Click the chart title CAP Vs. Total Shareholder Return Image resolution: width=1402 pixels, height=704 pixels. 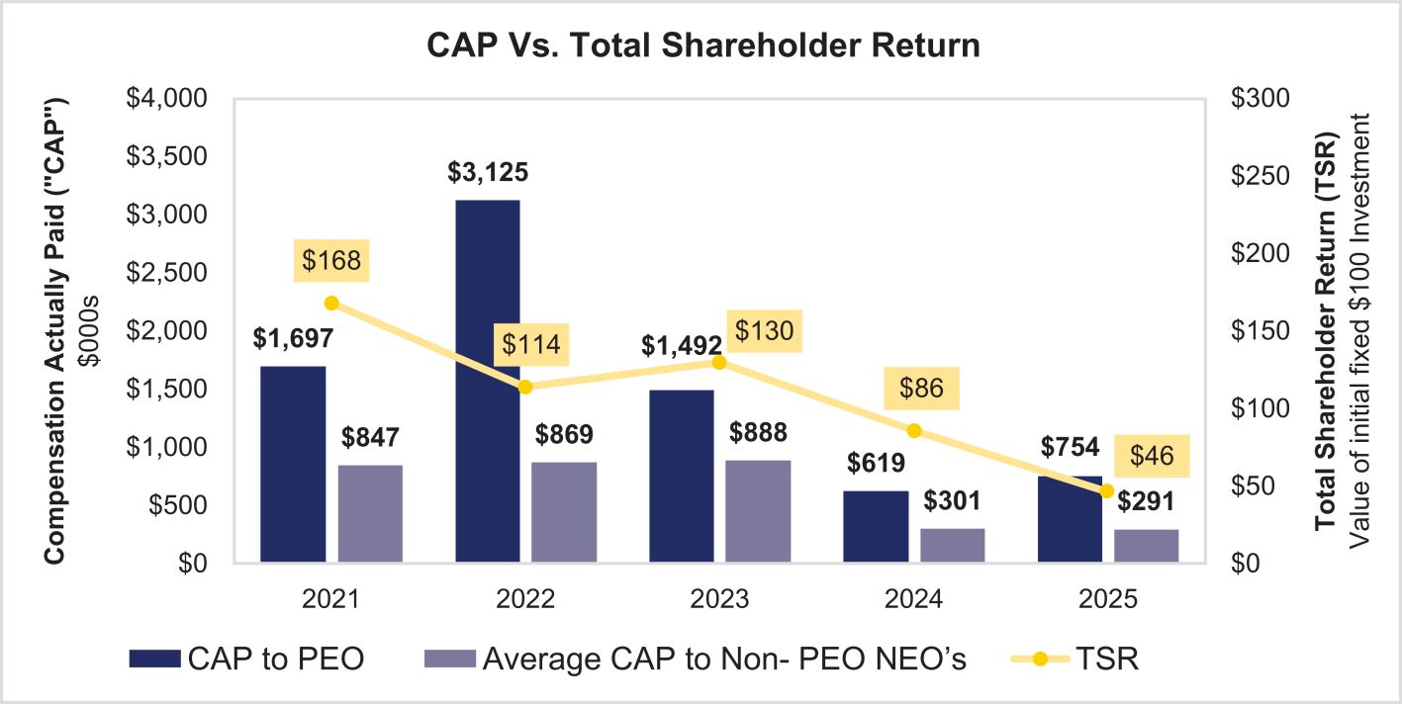(x=702, y=45)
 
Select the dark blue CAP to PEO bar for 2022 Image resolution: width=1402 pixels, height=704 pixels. (x=487, y=381)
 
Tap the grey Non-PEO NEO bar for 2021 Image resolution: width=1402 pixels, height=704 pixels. (x=370, y=513)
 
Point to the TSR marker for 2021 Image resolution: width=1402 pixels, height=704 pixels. (x=332, y=304)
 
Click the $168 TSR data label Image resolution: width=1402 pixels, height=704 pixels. (x=331, y=261)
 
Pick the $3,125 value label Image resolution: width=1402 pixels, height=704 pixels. (x=487, y=173)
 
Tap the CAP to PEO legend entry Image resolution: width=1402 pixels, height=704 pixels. (x=247, y=660)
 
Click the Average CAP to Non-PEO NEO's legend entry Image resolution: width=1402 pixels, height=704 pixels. (x=694, y=660)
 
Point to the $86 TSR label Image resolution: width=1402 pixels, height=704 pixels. (x=915, y=388)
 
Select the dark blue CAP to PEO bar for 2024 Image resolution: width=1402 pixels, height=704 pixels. (x=876, y=526)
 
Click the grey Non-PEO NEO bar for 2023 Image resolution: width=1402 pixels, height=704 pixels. (x=759, y=510)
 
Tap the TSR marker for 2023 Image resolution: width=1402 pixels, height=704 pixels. (x=720, y=362)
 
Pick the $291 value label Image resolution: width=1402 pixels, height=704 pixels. (x=1146, y=501)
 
